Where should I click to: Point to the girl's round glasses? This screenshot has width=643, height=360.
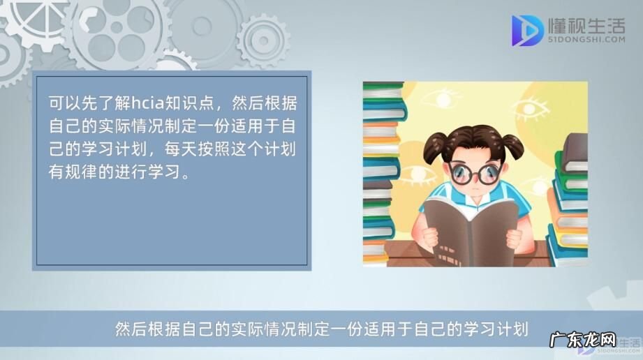(x=475, y=172)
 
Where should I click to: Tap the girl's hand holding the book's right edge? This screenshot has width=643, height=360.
(x=515, y=237)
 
